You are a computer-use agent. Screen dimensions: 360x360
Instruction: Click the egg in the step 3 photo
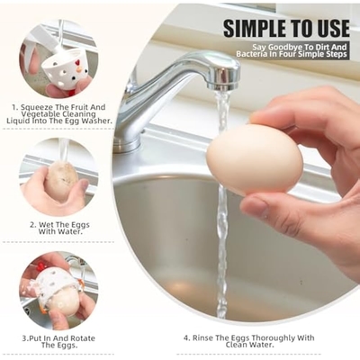[x=64, y=301]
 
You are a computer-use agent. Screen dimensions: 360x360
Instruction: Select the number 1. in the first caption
[x=15, y=107]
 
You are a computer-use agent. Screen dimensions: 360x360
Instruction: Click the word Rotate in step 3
[x=82, y=338]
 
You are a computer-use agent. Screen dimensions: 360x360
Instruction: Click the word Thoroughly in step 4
[x=273, y=338]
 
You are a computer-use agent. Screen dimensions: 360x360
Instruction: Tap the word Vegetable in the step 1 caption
[x=39, y=114]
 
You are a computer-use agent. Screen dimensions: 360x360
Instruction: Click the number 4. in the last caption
[x=187, y=338]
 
